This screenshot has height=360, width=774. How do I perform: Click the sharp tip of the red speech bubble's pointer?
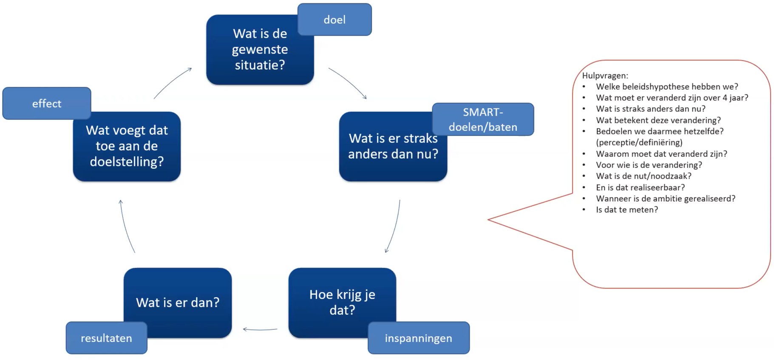(x=488, y=220)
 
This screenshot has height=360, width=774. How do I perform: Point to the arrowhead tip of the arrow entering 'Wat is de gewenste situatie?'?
(x=192, y=68)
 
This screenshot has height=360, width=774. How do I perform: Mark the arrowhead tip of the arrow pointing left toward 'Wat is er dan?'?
(x=243, y=329)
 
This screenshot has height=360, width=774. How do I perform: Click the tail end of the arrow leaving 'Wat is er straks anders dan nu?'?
(x=400, y=200)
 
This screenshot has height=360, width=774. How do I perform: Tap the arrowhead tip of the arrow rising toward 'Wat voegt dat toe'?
(x=121, y=200)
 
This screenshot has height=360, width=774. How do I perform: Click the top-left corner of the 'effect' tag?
(x=3, y=88)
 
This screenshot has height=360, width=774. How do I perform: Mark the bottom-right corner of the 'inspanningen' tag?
(x=470, y=354)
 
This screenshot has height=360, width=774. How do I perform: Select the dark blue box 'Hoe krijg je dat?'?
(x=342, y=303)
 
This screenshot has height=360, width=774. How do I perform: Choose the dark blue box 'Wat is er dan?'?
(x=178, y=303)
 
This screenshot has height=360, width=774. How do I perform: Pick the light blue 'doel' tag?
(x=335, y=20)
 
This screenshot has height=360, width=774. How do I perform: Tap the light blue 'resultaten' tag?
(x=106, y=338)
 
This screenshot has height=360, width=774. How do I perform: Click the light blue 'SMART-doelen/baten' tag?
(x=483, y=119)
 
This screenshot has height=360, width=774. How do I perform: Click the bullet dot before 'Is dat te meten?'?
(x=584, y=210)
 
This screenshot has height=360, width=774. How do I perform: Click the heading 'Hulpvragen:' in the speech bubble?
(x=605, y=76)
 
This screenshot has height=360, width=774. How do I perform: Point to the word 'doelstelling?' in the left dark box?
(x=127, y=162)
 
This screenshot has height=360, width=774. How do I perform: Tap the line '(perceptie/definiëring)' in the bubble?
(x=639, y=142)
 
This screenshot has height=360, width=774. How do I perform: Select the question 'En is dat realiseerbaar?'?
(x=641, y=187)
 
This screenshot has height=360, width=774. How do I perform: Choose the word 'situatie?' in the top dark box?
(x=260, y=65)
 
